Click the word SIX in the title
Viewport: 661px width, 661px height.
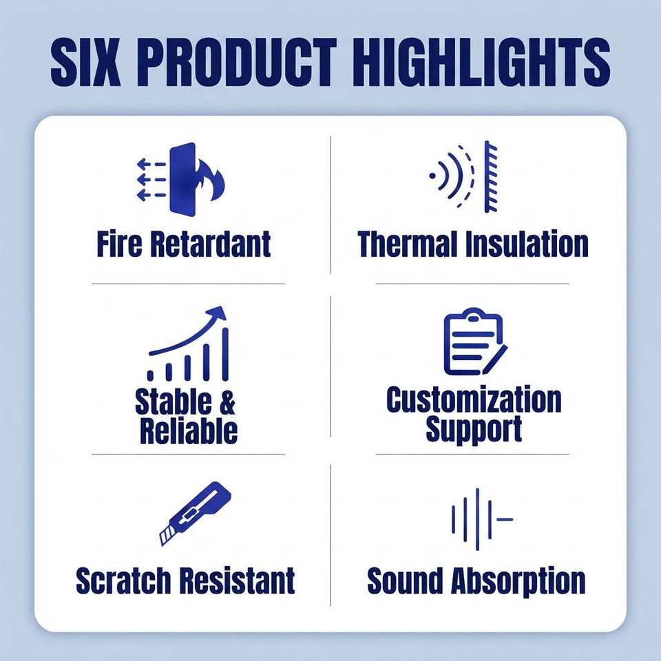coord(84,62)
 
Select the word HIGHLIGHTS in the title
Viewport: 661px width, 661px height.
coord(481,62)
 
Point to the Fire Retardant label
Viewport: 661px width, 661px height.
coord(183,244)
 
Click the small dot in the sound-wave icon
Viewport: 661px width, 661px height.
coord(432,176)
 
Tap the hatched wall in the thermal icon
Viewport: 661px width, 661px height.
coord(491,177)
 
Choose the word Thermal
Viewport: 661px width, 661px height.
coord(407,244)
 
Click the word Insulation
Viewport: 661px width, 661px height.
coord(527,244)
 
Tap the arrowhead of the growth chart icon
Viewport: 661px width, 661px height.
coord(218,313)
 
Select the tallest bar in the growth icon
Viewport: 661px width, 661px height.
coord(225,354)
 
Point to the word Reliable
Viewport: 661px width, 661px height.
coord(189,430)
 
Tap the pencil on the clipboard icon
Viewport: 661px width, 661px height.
coord(495,359)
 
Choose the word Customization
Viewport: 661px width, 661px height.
coord(474,399)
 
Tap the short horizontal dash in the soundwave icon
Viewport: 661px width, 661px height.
coord(505,519)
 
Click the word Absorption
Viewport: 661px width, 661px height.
coord(518,582)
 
